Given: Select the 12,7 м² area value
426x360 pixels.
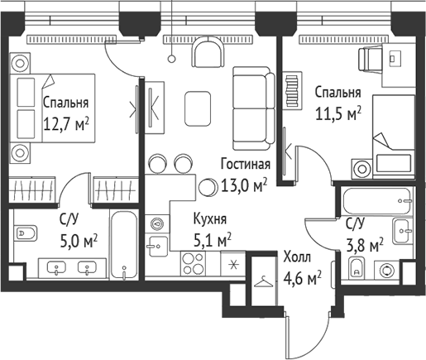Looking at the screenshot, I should (x=65, y=124).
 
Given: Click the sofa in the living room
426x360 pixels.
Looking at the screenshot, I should (x=252, y=106).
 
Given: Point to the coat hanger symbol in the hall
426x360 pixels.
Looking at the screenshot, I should (x=262, y=282).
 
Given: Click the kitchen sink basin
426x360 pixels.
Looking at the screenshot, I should (x=157, y=242).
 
